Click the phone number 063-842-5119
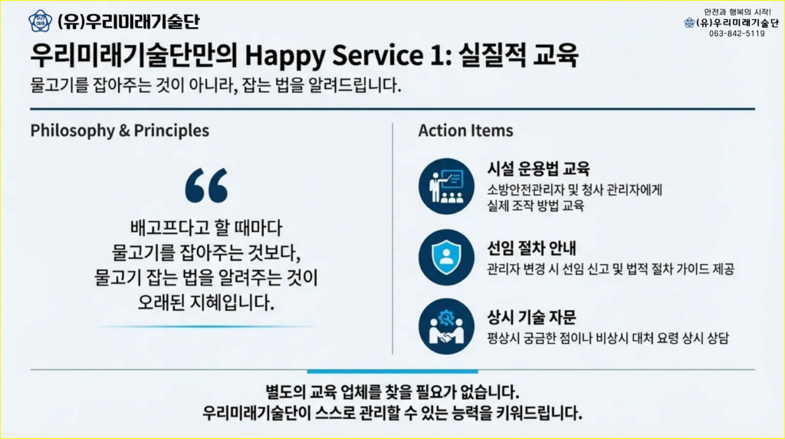(x=737, y=34)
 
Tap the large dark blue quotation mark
(x=206, y=186)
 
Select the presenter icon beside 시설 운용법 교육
(x=446, y=186)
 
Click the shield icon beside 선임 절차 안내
(x=446, y=258)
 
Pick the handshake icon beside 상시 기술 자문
(x=446, y=327)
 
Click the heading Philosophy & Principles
(x=120, y=130)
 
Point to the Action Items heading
(x=465, y=130)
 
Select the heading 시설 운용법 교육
(x=538, y=168)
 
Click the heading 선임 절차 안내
(x=532, y=248)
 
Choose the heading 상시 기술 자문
(x=532, y=317)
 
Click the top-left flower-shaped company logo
(x=40, y=21)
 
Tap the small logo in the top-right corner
(x=689, y=22)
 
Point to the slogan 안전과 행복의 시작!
(x=737, y=12)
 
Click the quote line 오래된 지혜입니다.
(x=206, y=302)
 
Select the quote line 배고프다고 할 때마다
(x=206, y=229)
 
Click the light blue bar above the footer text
(x=392, y=371)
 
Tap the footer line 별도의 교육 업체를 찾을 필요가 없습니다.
(x=392, y=391)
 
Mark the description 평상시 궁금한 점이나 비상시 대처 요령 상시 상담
(x=608, y=338)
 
